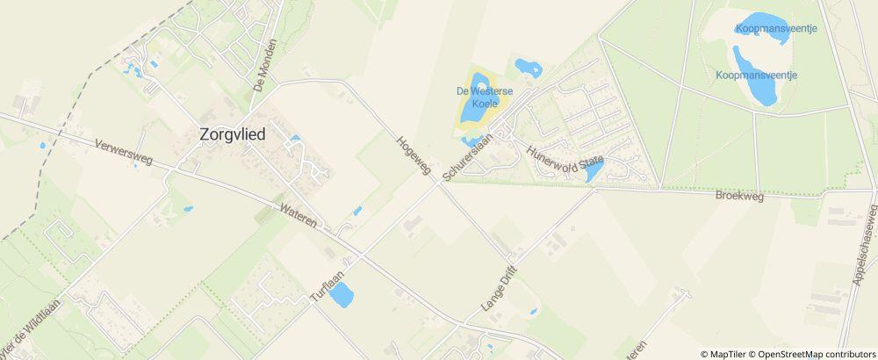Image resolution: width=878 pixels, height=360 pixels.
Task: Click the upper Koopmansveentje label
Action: [x=777, y=29]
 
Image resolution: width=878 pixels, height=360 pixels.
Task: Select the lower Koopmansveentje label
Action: [x=756, y=76]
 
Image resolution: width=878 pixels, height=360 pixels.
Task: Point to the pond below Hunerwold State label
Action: [x=594, y=173]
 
